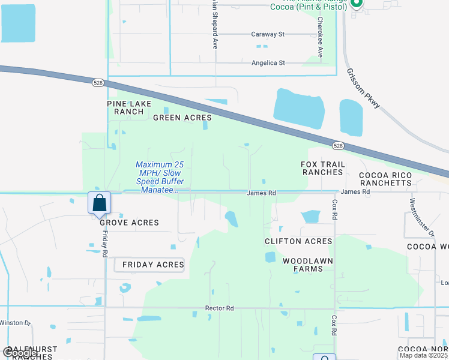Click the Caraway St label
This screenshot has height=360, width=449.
pyautogui.click(x=268, y=35)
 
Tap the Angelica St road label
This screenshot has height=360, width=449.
pyautogui.click(x=268, y=62)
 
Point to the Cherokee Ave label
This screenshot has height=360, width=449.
pyautogui.click(x=320, y=37)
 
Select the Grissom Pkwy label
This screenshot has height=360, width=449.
pyautogui.click(x=363, y=88)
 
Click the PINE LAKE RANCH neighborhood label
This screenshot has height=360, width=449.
pyautogui.click(x=129, y=107)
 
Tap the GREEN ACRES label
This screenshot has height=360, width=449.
pyautogui.click(x=182, y=118)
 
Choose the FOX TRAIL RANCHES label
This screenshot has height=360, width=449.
pyautogui.click(x=322, y=168)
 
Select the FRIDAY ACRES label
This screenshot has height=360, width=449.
pyautogui.click(x=153, y=265)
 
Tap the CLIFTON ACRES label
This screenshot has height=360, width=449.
pyautogui.click(x=298, y=241)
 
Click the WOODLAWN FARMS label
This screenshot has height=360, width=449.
pyautogui.click(x=303, y=265)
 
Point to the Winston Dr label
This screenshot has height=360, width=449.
pyautogui.click(x=15, y=323)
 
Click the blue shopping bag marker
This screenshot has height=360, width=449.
pyautogui.click(x=100, y=203)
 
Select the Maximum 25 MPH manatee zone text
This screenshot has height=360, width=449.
pyautogui.click(x=160, y=177)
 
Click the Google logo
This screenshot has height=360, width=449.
pyautogui.click(x=20, y=353)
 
